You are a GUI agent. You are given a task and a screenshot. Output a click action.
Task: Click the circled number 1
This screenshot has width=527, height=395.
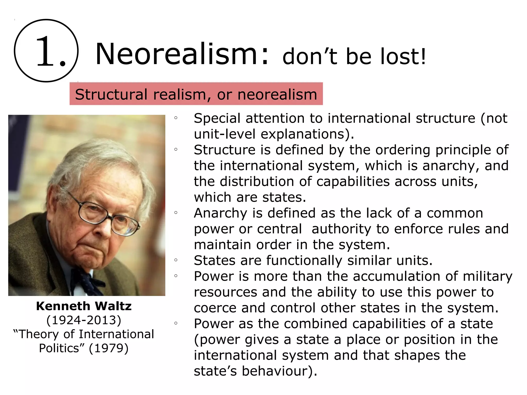46,51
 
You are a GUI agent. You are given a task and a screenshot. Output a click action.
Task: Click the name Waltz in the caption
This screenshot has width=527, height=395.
113,306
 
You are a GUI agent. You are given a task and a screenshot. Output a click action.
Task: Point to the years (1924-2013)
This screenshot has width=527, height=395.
84,320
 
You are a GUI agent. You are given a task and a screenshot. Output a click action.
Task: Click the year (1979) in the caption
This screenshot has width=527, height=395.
109,348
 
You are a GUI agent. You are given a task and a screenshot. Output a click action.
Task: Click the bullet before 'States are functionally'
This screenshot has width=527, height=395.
176,260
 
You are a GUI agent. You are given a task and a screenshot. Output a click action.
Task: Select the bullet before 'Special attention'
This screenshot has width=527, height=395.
176,118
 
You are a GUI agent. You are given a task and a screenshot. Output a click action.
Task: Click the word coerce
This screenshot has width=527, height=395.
215,308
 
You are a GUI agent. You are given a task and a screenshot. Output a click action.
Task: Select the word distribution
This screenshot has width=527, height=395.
257,182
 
